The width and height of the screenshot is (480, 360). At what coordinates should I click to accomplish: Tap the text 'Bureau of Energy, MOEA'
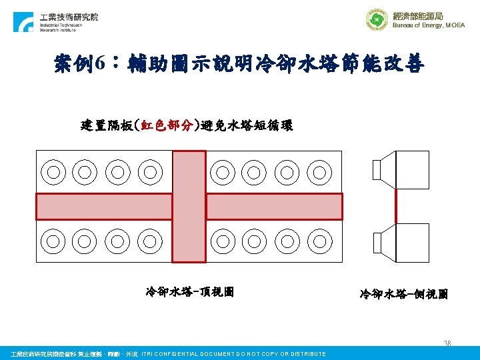click(428, 25)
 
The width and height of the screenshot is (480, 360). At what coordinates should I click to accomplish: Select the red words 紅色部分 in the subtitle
click(166, 125)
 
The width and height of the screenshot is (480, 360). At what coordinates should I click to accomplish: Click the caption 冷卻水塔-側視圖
click(403, 293)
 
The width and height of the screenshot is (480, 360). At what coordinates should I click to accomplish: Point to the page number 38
click(448, 344)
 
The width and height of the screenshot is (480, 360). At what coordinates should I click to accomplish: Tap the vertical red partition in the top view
click(189, 206)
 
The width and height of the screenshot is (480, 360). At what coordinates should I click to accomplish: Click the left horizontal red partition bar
click(103, 207)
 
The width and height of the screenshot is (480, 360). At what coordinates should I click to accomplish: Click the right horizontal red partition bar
click(274, 207)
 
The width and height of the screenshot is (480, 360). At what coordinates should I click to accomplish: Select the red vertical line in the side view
click(395, 205)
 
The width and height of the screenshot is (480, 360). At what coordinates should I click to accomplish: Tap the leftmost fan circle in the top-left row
click(52, 172)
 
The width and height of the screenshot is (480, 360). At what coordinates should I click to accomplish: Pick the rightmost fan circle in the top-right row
click(320, 172)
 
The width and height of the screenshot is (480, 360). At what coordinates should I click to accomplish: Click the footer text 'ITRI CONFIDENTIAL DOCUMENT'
click(233, 354)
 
